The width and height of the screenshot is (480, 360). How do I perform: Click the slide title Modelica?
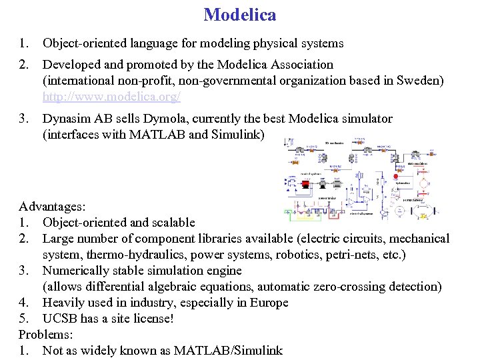[x=240, y=14]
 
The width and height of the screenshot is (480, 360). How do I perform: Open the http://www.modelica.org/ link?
[x=111, y=97]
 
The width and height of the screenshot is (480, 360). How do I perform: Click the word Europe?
[x=269, y=303]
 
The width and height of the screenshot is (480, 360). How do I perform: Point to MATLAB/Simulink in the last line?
[x=228, y=351]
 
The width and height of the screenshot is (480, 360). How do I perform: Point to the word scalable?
[x=172, y=223]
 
